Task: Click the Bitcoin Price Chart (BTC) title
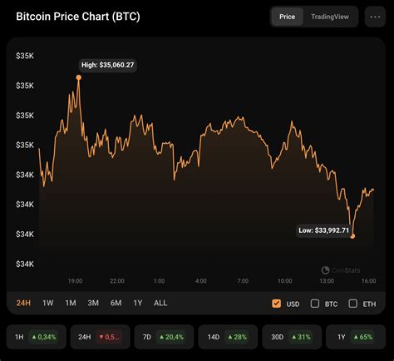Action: [78, 17]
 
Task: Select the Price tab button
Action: [287, 16]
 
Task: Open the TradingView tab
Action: [330, 16]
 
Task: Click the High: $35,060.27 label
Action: [108, 64]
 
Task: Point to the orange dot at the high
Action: [79, 77]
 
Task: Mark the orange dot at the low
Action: [353, 236]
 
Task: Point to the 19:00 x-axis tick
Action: [74, 280]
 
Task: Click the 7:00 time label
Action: [243, 280]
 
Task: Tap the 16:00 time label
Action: [367, 280]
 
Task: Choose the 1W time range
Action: [48, 304]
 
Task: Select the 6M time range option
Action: [116, 304]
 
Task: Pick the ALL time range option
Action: [160, 304]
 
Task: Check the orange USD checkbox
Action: [277, 304]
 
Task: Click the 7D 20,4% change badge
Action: [161, 336]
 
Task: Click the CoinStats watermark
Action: [342, 269]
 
